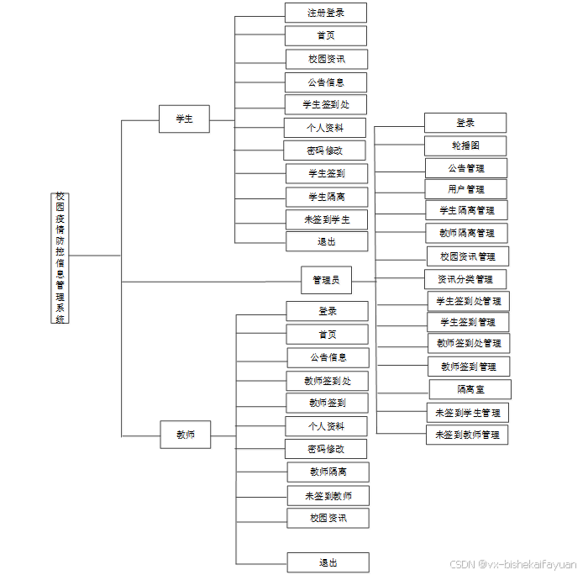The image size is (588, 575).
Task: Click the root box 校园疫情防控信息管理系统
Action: point(60,257)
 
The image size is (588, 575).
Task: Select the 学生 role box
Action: point(184,119)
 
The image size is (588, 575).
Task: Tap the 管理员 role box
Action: point(326,280)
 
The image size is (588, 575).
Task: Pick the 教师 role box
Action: point(185,435)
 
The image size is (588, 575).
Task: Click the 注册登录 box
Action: point(325,13)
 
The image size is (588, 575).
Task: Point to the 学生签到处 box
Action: point(326,104)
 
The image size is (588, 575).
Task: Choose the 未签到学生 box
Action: point(327,219)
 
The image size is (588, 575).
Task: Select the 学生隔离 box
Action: point(327,197)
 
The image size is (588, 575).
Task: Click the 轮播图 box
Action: point(465,145)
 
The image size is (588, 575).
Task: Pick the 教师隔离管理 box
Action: point(467,233)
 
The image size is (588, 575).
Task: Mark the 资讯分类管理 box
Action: point(465,279)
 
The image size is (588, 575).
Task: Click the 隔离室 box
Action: point(470,389)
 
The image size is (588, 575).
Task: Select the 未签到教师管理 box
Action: point(467,435)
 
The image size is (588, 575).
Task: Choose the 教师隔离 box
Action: point(328,472)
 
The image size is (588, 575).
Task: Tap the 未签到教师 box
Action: point(328,495)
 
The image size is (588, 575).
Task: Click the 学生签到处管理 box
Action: point(468,301)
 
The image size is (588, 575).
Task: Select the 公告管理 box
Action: point(466,167)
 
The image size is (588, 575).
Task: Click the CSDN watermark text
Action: point(512,565)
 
